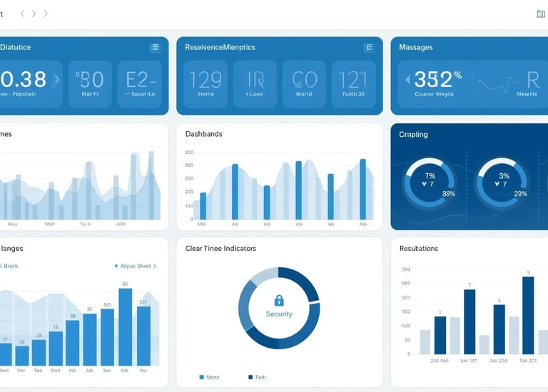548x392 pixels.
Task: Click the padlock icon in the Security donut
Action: [x=279, y=300]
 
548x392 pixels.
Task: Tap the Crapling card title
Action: [x=414, y=134]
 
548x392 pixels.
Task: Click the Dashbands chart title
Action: [x=203, y=134]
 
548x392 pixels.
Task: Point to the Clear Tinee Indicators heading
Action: [x=220, y=248]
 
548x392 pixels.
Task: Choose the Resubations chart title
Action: [x=419, y=248]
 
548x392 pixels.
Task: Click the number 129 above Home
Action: [x=205, y=78]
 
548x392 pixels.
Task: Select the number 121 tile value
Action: [x=353, y=78]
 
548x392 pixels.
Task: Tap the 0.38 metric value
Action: [x=23, y=78]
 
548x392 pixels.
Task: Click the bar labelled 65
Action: [x=125, y=328]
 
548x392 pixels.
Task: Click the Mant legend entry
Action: [x=209, y=376]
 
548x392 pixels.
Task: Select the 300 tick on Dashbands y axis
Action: [x=189, y=153]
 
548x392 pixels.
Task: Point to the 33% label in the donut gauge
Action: [x=449, y=193]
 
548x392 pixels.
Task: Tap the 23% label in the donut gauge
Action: [x=520, y=193]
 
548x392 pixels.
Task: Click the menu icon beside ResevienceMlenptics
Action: [x=370, y=48]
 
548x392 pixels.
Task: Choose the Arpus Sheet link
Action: [x=135, y=266]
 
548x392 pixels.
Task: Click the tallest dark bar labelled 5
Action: [x=528, y=316]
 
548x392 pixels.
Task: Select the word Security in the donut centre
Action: [x=279, y=314]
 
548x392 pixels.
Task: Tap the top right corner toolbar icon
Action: [x=541, y=14]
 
